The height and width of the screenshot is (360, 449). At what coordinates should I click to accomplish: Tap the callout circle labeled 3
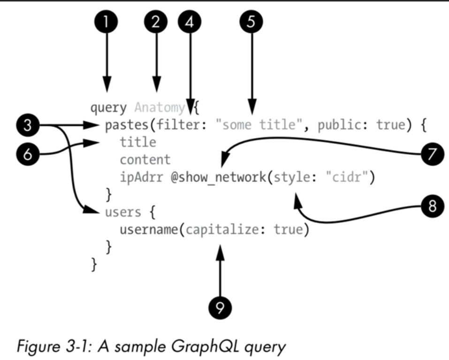[x=28, y=126]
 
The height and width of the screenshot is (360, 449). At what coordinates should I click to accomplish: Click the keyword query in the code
[x=108, y=108]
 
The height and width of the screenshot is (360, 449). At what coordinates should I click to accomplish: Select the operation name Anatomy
[x=160, y=108]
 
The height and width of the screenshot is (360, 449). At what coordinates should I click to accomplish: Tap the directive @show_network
[x=220, y=179]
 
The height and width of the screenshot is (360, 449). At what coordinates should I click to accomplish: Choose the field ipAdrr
[x=142, y=179]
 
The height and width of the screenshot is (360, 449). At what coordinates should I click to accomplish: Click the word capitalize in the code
[x=224, y=230]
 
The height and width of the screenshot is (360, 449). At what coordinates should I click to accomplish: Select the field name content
[x=145, y=160]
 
